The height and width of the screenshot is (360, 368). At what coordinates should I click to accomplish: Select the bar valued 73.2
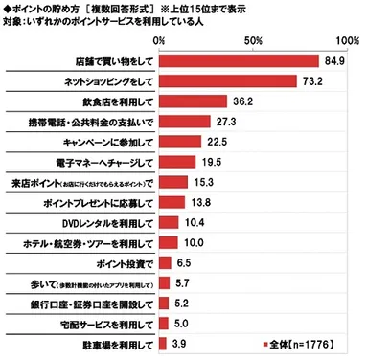tap(227, 82)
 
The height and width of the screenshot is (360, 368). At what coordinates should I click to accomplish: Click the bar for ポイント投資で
tap(164, 262)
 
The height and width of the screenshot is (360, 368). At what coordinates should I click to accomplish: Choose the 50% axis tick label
tap(253, 42)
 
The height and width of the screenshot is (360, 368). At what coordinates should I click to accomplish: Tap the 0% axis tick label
tap(159, 42)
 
